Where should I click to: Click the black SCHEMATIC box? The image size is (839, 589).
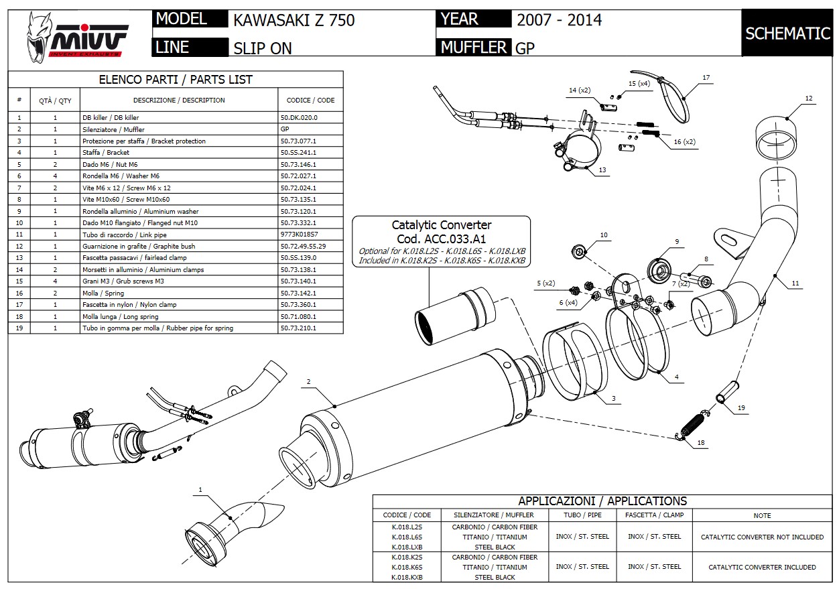click(787, 33)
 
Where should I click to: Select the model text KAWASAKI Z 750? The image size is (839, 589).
click(294, 20)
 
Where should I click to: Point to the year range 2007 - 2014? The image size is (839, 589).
click(559, 19)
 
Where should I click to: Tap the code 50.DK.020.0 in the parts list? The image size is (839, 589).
click(299, 117)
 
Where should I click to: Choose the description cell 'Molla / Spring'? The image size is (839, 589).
click(103, 293)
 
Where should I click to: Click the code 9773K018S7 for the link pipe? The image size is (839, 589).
click(299, 235)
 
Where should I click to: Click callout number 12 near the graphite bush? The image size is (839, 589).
click(809, 99)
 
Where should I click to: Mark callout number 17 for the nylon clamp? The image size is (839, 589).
click(706, 78)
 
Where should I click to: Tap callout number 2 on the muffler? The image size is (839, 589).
click(309, 382)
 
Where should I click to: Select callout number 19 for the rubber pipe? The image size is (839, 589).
click(741, 407)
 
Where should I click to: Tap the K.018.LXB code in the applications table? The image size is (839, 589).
click(407, 547)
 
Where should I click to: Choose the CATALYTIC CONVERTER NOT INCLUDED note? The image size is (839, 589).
click(762, 537)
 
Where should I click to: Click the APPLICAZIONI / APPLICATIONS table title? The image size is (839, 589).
click(602, 501)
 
